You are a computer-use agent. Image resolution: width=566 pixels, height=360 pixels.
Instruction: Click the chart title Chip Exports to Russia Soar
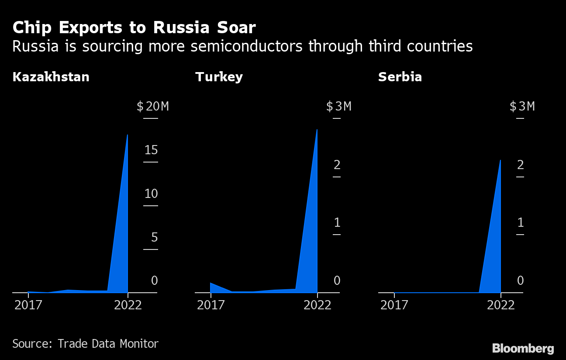point(134,28)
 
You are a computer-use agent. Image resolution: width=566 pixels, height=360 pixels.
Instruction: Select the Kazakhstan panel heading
point(51,77)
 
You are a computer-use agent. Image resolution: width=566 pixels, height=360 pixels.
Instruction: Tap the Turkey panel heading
point(219,77)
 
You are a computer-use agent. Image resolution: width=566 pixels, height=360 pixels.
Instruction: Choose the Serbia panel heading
point(400,77)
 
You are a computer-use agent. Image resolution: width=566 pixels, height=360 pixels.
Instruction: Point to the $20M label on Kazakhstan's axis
point(152,106)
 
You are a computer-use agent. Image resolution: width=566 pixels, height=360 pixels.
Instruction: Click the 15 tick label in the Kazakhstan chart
point(151,150)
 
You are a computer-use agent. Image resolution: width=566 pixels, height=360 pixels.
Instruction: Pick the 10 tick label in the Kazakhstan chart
point(151,194)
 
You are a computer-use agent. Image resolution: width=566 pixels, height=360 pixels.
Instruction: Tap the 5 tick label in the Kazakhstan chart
point(154,238)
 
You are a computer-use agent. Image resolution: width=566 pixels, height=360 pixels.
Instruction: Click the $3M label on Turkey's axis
point(338,106)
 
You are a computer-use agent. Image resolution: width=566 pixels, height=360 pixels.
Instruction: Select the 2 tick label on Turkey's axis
point(337,165)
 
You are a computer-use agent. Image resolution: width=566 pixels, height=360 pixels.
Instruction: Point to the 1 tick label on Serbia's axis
point(520,223)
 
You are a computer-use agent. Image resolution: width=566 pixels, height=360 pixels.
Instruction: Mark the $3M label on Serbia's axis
point(522,106)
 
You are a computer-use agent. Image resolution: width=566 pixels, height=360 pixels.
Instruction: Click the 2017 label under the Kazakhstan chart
point(28,305)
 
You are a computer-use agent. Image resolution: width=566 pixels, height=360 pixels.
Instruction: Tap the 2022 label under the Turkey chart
point(318,305)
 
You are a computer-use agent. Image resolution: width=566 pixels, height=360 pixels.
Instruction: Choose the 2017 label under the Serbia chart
point(394,305)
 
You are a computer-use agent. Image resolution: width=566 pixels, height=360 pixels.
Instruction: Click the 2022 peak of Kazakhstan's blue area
point(127,135)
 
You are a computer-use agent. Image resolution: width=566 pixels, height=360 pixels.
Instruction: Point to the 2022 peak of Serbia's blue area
point(500,161)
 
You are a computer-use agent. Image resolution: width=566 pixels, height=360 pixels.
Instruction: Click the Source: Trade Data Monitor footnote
point(85,344)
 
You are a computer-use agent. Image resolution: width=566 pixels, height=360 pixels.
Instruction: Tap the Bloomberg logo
point(523,349)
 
